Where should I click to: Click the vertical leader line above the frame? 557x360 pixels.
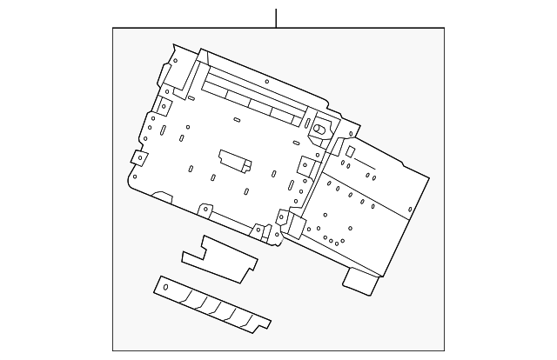click(x=277, y=17)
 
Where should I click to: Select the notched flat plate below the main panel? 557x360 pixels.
click(x=219, y=258)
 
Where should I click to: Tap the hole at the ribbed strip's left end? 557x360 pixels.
click(x=166, y=286)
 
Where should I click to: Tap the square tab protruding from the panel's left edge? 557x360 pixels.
click(x=137, y=158)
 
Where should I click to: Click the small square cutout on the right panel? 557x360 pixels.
click(x=349, y=151)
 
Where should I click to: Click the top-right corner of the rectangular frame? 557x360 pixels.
click(x=444, y=28)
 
